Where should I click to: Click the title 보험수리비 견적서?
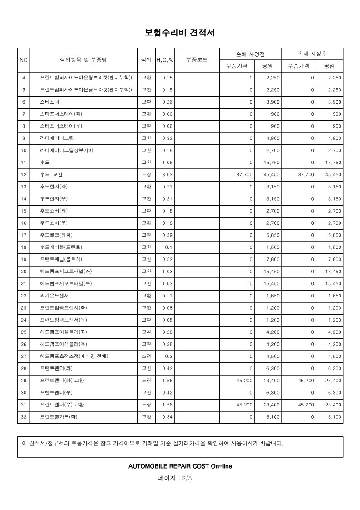click(x=180, y=33)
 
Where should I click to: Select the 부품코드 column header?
click(x=197, y=59)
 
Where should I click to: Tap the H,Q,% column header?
click(x=165, y=60)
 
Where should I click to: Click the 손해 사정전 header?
click(x=251, y=54)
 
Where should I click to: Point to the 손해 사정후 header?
click(x=312, y=54)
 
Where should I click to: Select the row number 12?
click(x=24, y=174)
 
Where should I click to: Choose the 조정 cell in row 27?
click(x=147, y=356)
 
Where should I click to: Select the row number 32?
click(x=24, y=417)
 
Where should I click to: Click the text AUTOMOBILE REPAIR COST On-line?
click(x=180, y=466)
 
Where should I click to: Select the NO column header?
click(x=24, y=60)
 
